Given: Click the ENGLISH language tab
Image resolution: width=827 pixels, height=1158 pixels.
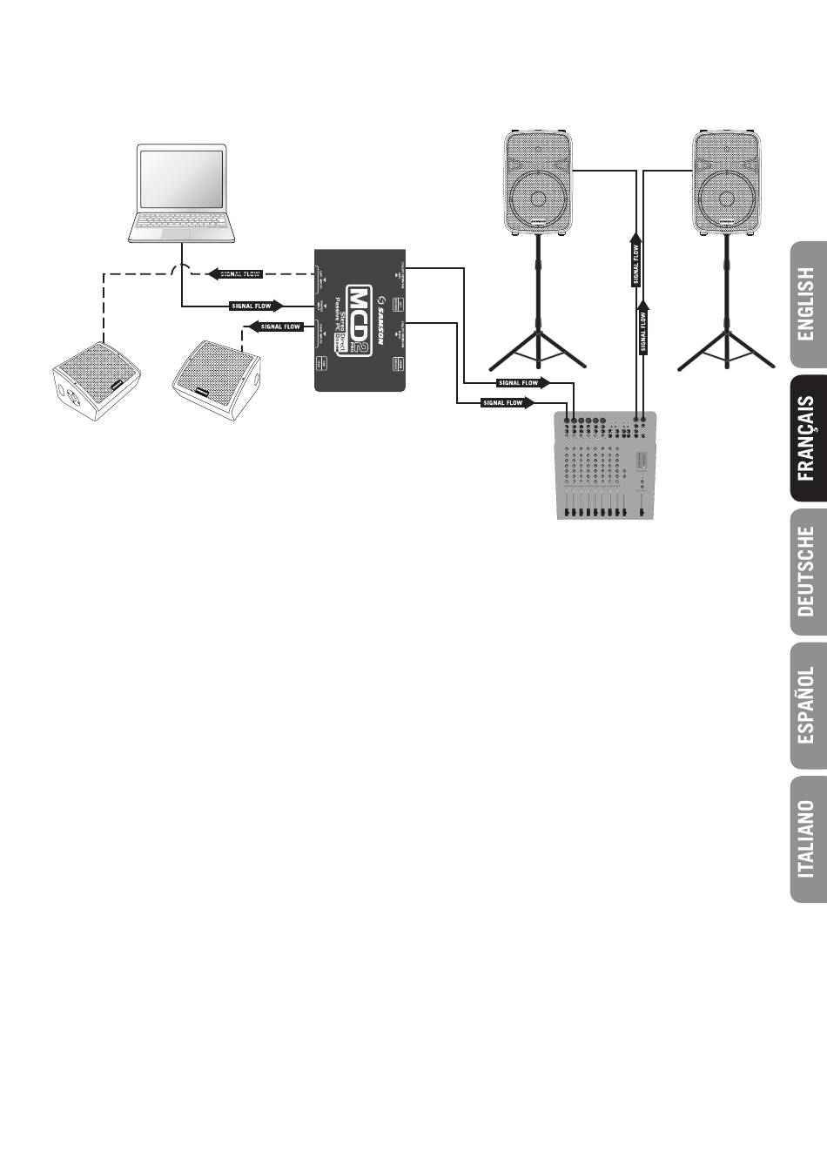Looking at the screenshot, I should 807,304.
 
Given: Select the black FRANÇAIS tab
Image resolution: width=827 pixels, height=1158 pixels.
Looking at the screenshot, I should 807,439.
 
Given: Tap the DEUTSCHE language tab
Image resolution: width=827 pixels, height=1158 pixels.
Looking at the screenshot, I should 807,571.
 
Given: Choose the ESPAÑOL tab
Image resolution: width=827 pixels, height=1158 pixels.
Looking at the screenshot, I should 807,705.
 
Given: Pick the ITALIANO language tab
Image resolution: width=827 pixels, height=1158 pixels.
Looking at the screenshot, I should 807,838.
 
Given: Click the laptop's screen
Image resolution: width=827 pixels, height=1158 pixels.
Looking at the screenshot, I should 181,178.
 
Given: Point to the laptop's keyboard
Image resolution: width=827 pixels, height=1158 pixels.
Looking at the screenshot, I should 181,224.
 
